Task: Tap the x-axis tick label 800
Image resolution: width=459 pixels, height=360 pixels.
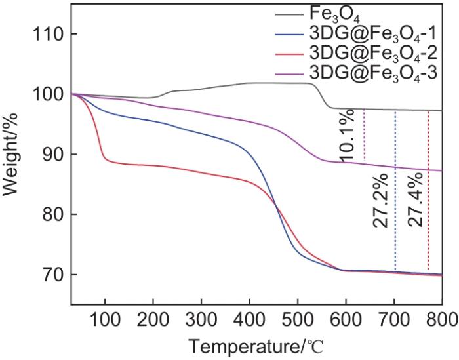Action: (x=441, y=319)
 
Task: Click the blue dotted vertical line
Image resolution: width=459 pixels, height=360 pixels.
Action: (x=395, y=190)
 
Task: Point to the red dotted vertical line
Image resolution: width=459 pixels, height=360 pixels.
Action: (x=428, y=190)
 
